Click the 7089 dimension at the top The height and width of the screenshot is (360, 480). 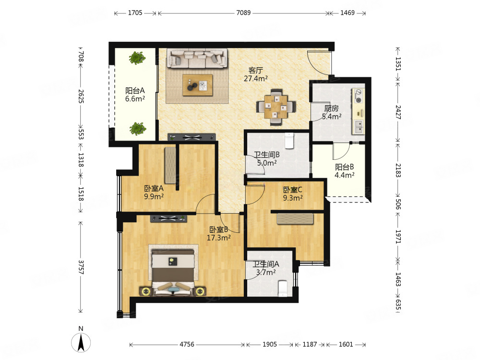tap(243, 13)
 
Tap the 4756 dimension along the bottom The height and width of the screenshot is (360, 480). tap(187, 344)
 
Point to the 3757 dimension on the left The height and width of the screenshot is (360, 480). tap(81, 267)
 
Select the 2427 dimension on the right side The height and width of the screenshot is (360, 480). tap(397, 112)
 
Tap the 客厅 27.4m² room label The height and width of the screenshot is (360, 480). tap(256, 74)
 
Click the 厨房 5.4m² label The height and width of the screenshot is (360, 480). tap(332, 112)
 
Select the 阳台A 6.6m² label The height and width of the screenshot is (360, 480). tap(135, 95)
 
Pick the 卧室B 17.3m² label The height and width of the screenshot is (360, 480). tap(218, 234)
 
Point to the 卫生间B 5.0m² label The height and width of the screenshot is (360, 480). tap(266, 159)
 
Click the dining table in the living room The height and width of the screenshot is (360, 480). tap(276, 107)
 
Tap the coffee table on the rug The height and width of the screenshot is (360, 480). tap(197, 85)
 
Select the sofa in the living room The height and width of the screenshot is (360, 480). tap(197, 58)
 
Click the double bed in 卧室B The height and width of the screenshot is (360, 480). tap(173, 273)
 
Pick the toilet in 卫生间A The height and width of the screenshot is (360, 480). tap(283, 288)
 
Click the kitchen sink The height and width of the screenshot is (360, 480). tap(359, 126)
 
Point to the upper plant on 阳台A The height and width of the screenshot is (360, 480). tap(137, 58)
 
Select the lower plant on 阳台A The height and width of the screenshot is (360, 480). tap(137, 129)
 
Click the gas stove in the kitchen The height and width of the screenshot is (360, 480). tap(358, 96)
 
